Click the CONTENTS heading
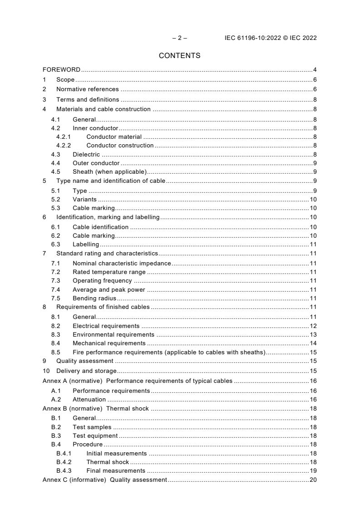tap(180, 56)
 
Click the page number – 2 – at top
tap(180, 38)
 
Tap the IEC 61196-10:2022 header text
tap(271, 38)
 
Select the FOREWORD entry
tap(61, 70)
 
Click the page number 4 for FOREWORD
tap(315, 70)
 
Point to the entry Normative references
tap(87, 89)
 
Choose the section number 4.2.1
tap(63, 137)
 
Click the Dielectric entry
tap(86, 154)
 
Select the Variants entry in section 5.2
tap(84, 200)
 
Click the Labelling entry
tap(86, 245)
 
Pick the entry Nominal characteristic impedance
tap(122, 263)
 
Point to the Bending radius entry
tap(94, 298)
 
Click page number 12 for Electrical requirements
tap(313, 326)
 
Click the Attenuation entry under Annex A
tap(89, 399)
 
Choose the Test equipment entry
tap(95, 436)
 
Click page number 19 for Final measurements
tap(313, 471)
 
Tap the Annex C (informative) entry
tap(105, 480)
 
